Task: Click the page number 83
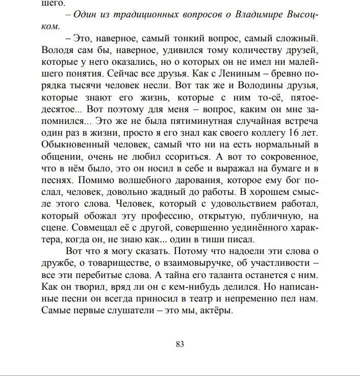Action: pos(179,344)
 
